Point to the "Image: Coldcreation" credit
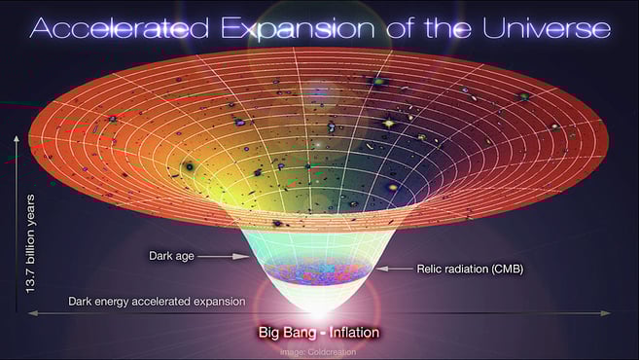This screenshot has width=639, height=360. [x=318, y=352]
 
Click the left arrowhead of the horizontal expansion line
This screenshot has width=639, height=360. [x=30, y=313]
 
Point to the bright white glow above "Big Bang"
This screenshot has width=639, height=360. [x=317, y=304]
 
